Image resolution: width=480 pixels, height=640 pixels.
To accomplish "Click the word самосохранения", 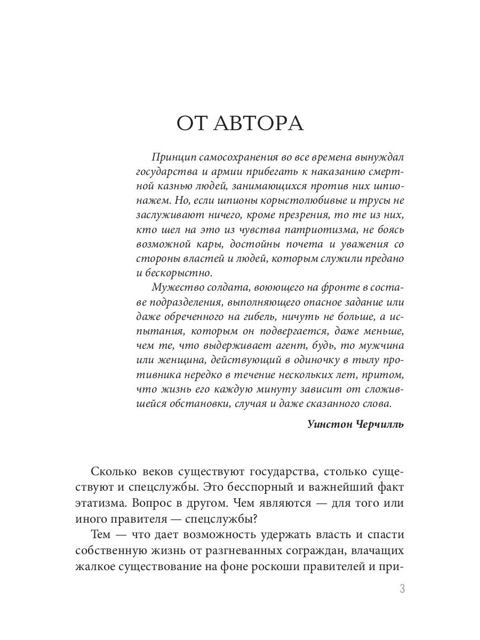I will tap(233, 158).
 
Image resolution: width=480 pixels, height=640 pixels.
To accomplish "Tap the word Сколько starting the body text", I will tap(113, 471).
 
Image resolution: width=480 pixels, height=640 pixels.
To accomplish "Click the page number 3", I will tap(402, 589).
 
